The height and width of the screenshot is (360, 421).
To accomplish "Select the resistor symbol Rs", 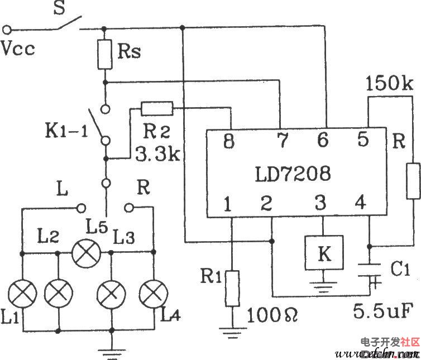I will click(x=104, y=54).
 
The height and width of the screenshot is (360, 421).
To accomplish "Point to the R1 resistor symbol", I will click(x=232, y=288).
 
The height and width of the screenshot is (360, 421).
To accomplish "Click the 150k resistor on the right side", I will click(x=413, y=181).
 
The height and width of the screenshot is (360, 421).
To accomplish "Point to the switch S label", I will click(x=58, y=8).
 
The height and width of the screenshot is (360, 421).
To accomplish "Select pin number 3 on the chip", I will click(x=320, y=204).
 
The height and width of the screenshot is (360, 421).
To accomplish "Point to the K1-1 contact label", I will click(x=66, y=135).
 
